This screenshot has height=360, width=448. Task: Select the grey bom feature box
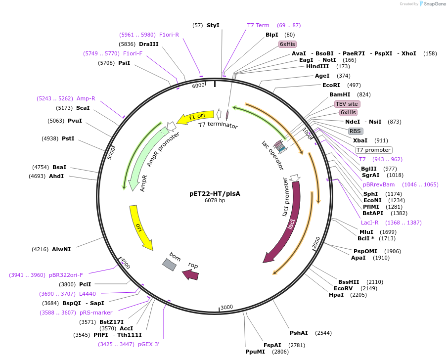[170, 264]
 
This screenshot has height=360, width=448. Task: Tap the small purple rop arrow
[191, 274]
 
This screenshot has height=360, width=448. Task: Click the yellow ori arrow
[140, 227]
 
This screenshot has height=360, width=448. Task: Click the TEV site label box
[347, 104]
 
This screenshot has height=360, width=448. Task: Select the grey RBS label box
[356, 131]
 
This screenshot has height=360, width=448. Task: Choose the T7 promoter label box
[373, 150]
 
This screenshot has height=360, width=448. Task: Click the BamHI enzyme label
[340, 94]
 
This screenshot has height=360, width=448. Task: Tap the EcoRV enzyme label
[343, 288]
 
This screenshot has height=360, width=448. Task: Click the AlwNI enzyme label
[61, 249]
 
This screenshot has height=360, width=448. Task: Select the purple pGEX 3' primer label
[149, 344]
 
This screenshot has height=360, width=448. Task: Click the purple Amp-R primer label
[86, 98]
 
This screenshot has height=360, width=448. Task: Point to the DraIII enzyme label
[148, 44]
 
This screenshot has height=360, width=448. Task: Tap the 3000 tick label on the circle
[226, 307]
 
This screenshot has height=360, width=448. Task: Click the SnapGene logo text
[434, 4]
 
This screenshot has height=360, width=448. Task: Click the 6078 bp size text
[215, 200]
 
